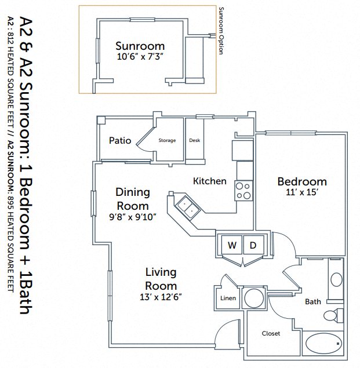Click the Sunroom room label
(140, 46)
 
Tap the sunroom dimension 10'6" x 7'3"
(140, 57)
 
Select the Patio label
(120, 140)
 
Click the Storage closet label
(168, 141)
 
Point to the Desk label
(194, 141)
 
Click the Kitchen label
(209, 181)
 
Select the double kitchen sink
(187, 206)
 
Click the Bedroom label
(301, 181)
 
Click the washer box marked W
(231, 245)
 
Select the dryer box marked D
(253, 245)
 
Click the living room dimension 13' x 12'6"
(161, 297)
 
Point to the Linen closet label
(228, 299)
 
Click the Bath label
(313, 301)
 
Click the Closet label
(271, 333)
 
